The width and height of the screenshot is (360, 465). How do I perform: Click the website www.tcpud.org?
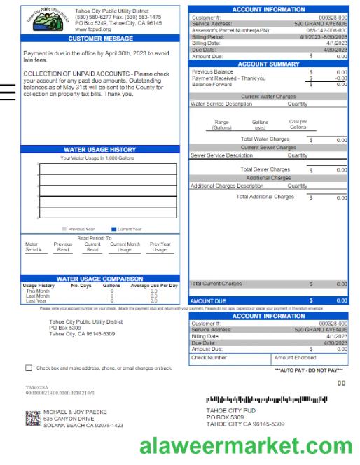pyautogui.click(x=92, y=29)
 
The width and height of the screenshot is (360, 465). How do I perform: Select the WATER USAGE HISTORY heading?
pyautogui.click(x=100, y=149)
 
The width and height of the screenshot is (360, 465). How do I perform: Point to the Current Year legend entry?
pyautogui.click(x=125, y=229)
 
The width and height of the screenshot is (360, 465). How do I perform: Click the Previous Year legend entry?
pyautogui.click(x=79, y=229)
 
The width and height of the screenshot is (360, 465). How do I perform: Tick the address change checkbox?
pyautogui.click(x=29, y=367)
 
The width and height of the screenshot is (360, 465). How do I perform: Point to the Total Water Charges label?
pyautogui.click(x=265, y=139)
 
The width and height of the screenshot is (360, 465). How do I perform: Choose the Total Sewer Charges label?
pyautogui.click(x=265, y=169)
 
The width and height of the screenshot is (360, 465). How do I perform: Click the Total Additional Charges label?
pyautogui.click(x=265, y=197)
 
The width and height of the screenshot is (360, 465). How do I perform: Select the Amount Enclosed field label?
pyautogui.click(x=297, y=357)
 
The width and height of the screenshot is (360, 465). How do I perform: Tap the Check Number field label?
pyautogui.click(x=209, y=357)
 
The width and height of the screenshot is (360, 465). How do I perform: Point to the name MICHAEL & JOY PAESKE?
pyautogui.click(x=75, y=412)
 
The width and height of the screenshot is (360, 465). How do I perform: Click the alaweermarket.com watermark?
pyautogui.click(x=246, y=446)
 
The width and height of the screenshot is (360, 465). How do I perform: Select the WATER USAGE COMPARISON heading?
pyautogui.click(x=100, y=279)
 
